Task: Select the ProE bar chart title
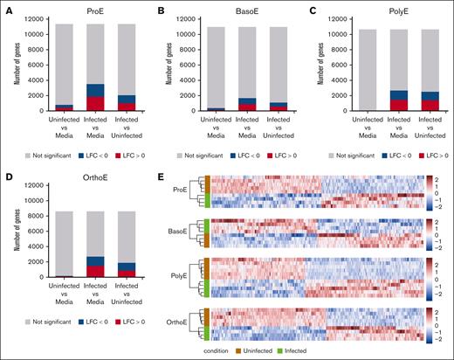(x=86, y=10)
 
